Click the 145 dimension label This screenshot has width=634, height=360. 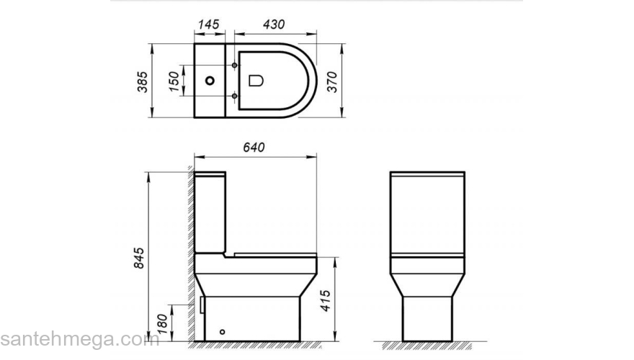[207, 24]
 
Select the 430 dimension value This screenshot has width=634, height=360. [274, 24]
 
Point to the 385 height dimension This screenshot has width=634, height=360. [142, 80]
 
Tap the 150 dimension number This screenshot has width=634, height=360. [173, 81]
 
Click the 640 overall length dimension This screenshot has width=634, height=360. [254, 147]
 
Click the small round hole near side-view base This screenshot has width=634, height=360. [222, 332]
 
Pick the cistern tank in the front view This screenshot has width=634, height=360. [427, 212]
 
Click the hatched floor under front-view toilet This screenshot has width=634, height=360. [427, 343]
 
